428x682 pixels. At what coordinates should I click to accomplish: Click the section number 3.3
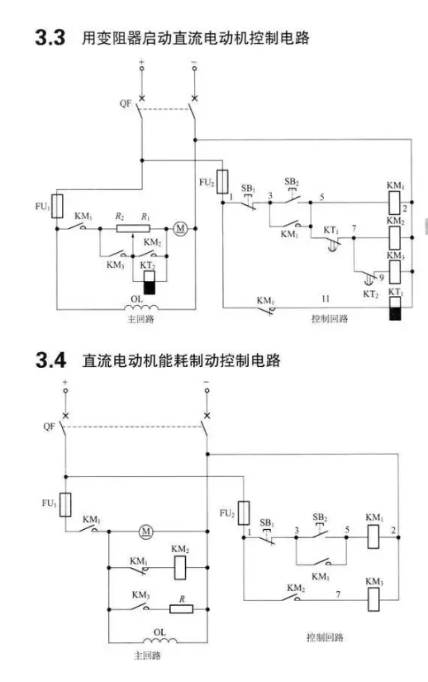(50, 38)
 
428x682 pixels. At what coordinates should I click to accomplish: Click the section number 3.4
(50, 360)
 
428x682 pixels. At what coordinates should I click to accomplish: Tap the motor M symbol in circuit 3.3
(180, 228)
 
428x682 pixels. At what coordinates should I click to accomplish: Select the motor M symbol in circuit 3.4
(145, 531)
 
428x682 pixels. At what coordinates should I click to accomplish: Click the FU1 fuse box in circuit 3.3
(57, 206)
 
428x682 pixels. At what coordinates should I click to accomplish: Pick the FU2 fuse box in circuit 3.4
(244, 513)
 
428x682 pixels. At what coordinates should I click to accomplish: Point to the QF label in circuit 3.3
(125, 104)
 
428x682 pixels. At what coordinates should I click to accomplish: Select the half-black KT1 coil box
(395, 308)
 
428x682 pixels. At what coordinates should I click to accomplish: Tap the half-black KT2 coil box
(150, 282)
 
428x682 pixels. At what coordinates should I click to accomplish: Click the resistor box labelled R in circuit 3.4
(181, 608)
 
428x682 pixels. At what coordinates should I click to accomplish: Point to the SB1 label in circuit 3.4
(267, 522)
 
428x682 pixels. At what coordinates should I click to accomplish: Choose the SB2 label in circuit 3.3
(292, 181)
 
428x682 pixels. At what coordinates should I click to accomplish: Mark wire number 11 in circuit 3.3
(326, 298)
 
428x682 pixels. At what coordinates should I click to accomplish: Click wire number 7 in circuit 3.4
(338, 594)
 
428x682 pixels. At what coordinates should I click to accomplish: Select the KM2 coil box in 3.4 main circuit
(180, 567)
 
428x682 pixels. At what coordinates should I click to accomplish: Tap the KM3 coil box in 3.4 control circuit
(373, 599)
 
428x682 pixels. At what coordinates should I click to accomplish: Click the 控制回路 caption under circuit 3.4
(325, 637)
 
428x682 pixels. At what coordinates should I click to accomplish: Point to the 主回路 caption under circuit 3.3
(140, 319)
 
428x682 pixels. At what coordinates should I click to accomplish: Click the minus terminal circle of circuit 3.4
(207, 390)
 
